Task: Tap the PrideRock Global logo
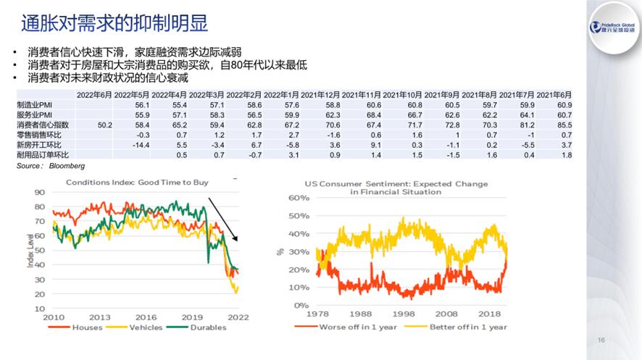click(614, 27)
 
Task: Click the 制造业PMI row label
click(33, 104)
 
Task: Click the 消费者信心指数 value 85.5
click(565, 125)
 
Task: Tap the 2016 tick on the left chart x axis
click(146, 317)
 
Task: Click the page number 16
click(601, 340)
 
